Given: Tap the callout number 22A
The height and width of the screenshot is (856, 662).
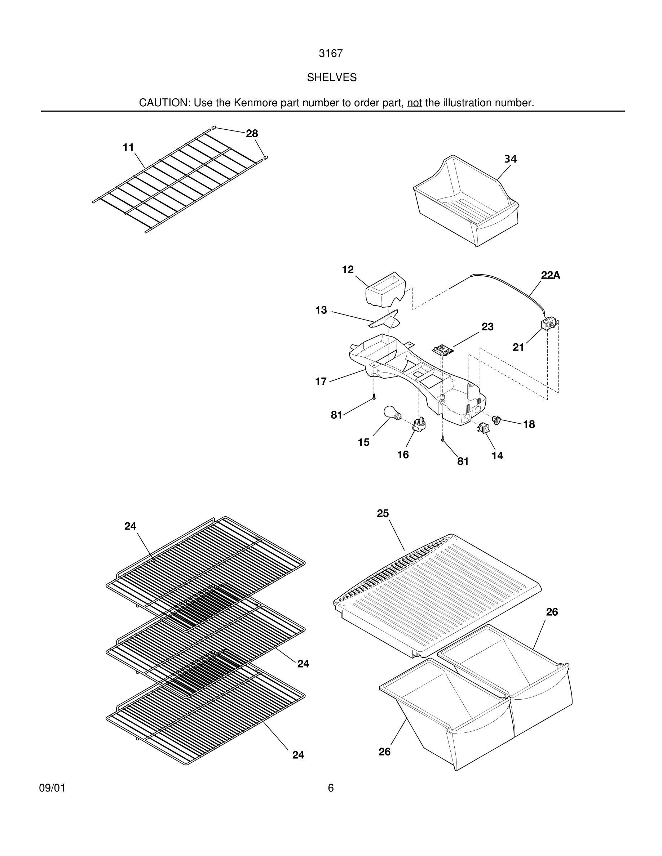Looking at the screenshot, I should pos(550,276).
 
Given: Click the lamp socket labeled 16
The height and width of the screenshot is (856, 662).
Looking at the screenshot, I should pos(419,424).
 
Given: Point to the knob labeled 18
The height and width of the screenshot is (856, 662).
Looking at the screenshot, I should pos(497,420).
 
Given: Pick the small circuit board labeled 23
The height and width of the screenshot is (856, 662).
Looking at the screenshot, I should pos(443,349).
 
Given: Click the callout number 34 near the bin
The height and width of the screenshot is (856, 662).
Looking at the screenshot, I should pos(510,159).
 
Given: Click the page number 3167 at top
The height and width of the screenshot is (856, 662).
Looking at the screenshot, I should pos(331,54).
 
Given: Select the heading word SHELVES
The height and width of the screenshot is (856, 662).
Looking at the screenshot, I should pos(331,77).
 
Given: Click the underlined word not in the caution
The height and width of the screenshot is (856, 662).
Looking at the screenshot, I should pos(414,103).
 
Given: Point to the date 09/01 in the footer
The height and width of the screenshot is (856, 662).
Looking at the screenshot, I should pos(52,788).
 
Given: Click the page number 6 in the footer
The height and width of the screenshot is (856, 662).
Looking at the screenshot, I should pos(331,788).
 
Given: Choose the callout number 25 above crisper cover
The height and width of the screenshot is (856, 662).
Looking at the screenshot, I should pos(383,513).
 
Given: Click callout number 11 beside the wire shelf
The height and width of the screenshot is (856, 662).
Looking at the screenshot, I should pos(128,147).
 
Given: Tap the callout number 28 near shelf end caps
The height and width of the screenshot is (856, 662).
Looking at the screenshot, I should pos(252,134).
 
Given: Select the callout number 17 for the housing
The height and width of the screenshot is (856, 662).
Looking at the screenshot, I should pos(321,382).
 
